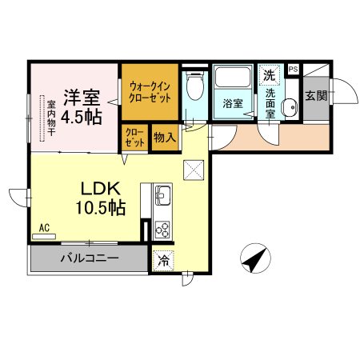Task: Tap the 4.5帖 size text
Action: [80, 117]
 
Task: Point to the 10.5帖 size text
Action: [100, 208]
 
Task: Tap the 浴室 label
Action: [233, 103]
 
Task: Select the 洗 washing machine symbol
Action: [270, 74]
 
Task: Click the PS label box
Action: [294, 70]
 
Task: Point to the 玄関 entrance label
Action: [316, 96]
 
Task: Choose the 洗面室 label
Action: [272, 102]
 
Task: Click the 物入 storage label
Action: [166, 138]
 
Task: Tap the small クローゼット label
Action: [134, 138]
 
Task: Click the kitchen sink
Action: [163, 195]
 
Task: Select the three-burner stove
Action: [162, 228]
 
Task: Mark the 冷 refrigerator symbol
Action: [162, 259]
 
